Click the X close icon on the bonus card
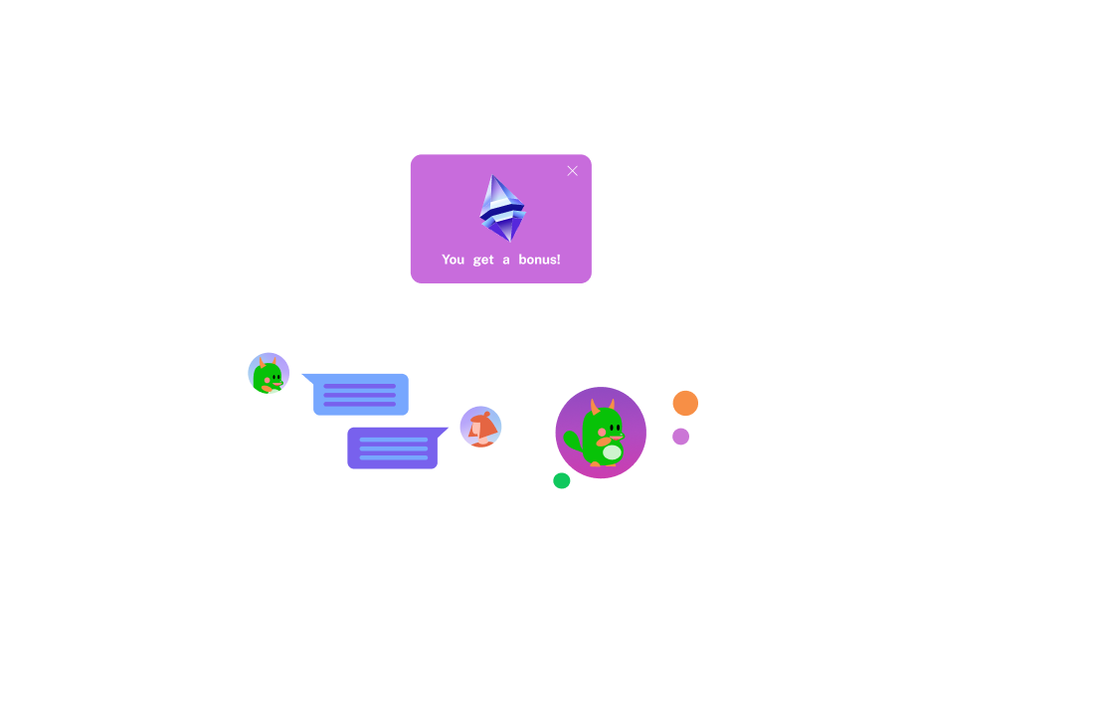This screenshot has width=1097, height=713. point(572,171)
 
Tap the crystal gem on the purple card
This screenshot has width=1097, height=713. point(501,209)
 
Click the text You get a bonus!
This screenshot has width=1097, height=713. point(501,260)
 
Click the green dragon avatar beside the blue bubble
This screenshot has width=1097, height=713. point(269,374)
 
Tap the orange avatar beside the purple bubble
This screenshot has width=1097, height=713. point(480,427)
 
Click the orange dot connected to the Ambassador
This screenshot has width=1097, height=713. point(684,403)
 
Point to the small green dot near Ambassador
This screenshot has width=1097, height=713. point(561,481)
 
